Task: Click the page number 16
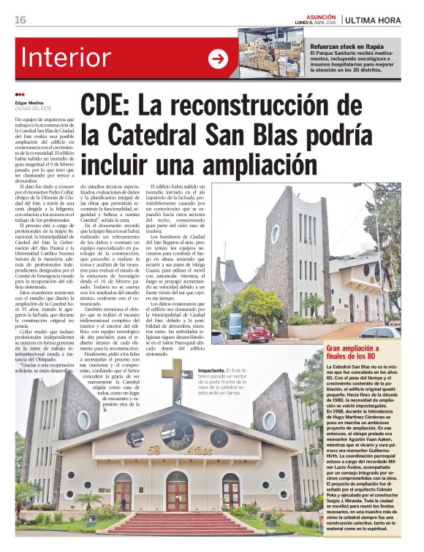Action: tap(20, 20)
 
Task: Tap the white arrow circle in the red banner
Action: tap(218, 58)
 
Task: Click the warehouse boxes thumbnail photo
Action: tap(273, 53)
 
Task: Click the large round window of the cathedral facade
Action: tap(177, 434)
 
